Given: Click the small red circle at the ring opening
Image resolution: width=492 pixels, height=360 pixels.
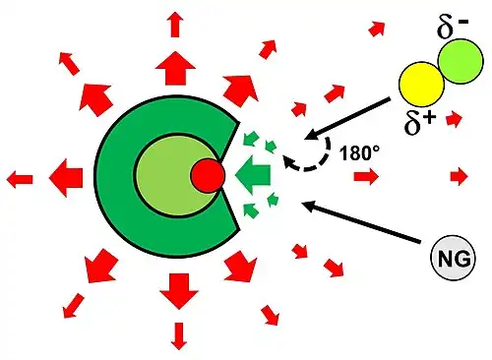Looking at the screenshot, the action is click(208, 175).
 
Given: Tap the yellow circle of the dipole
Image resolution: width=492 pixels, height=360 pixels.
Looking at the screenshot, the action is click(421, 84).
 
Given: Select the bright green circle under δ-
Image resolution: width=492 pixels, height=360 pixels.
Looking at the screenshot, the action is click(461, 61).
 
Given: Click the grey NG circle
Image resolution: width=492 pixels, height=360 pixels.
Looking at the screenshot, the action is click(453, 258).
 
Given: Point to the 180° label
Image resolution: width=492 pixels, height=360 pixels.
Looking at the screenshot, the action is click(359, 152).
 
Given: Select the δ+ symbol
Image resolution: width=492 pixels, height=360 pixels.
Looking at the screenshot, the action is click(420, 123).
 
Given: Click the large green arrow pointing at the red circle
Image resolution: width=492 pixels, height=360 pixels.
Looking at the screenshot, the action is click(253, 175).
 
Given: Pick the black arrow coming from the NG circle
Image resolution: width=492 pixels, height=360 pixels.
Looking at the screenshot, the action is click(361, 222).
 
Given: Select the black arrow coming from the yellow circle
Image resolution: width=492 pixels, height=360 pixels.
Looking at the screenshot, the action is click(347, 118).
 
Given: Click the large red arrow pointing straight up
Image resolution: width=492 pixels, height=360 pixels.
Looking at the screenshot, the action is click(175, 68).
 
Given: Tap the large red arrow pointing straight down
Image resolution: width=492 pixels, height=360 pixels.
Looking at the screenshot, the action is click(179, 291).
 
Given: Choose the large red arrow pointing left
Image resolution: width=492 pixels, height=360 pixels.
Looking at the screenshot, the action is click(66, 178).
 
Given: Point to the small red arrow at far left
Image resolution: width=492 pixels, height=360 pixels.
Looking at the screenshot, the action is click(20, 179).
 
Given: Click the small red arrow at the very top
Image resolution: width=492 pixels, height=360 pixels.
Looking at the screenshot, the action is click(176, 25).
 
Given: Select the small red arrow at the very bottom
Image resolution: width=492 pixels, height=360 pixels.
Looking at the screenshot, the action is click(179, 336).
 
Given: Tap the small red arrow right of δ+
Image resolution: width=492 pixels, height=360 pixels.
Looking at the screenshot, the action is click(455, 119).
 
